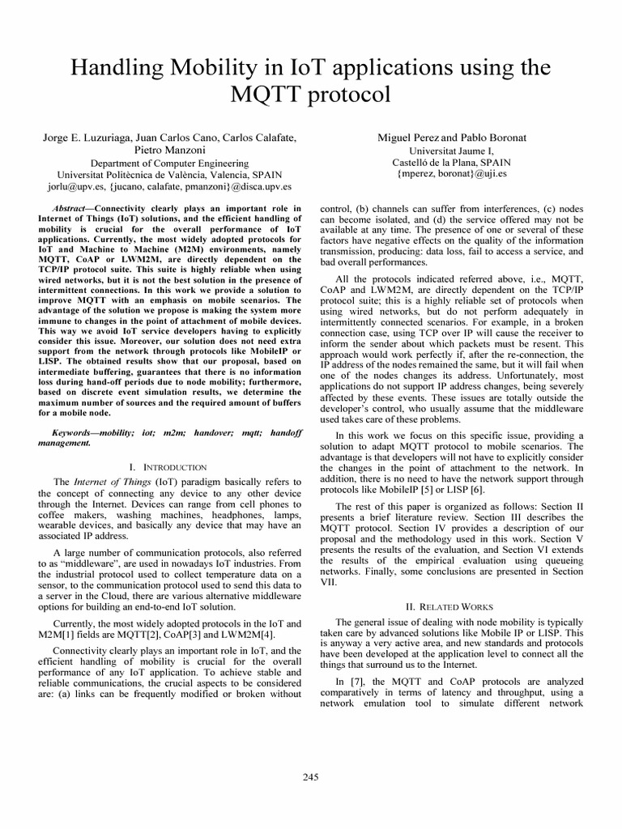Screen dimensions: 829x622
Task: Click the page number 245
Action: coord(311,777)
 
